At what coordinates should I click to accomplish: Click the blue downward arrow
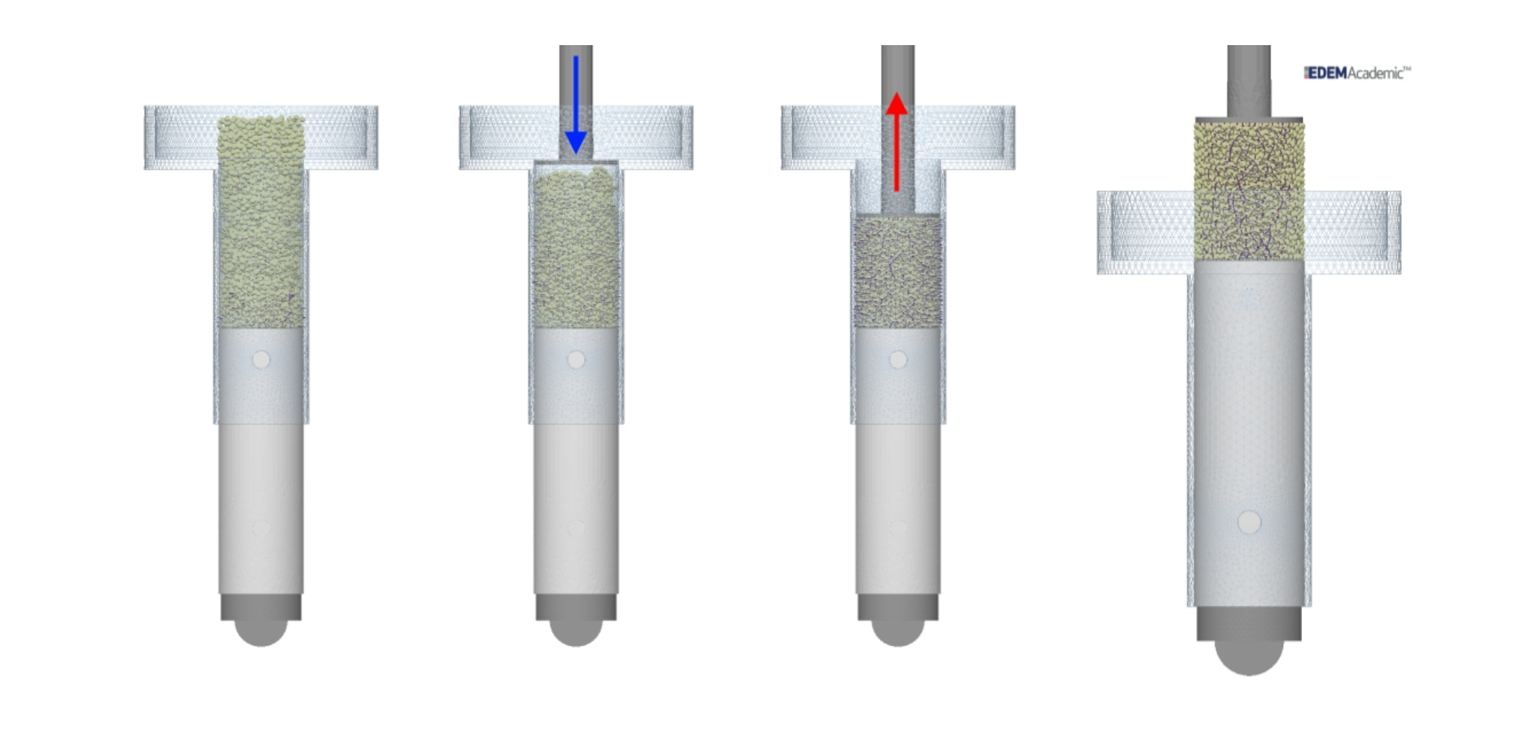click(x=575, y=104)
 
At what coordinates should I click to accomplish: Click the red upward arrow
click(x=897, y=142)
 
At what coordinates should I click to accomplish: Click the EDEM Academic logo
click(x=1357, y=73)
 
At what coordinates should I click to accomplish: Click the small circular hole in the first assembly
click(x=261, y=361)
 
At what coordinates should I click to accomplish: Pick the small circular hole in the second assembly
click(x=576, y=361)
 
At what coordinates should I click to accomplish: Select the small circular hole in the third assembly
click(x=898, y=361)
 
